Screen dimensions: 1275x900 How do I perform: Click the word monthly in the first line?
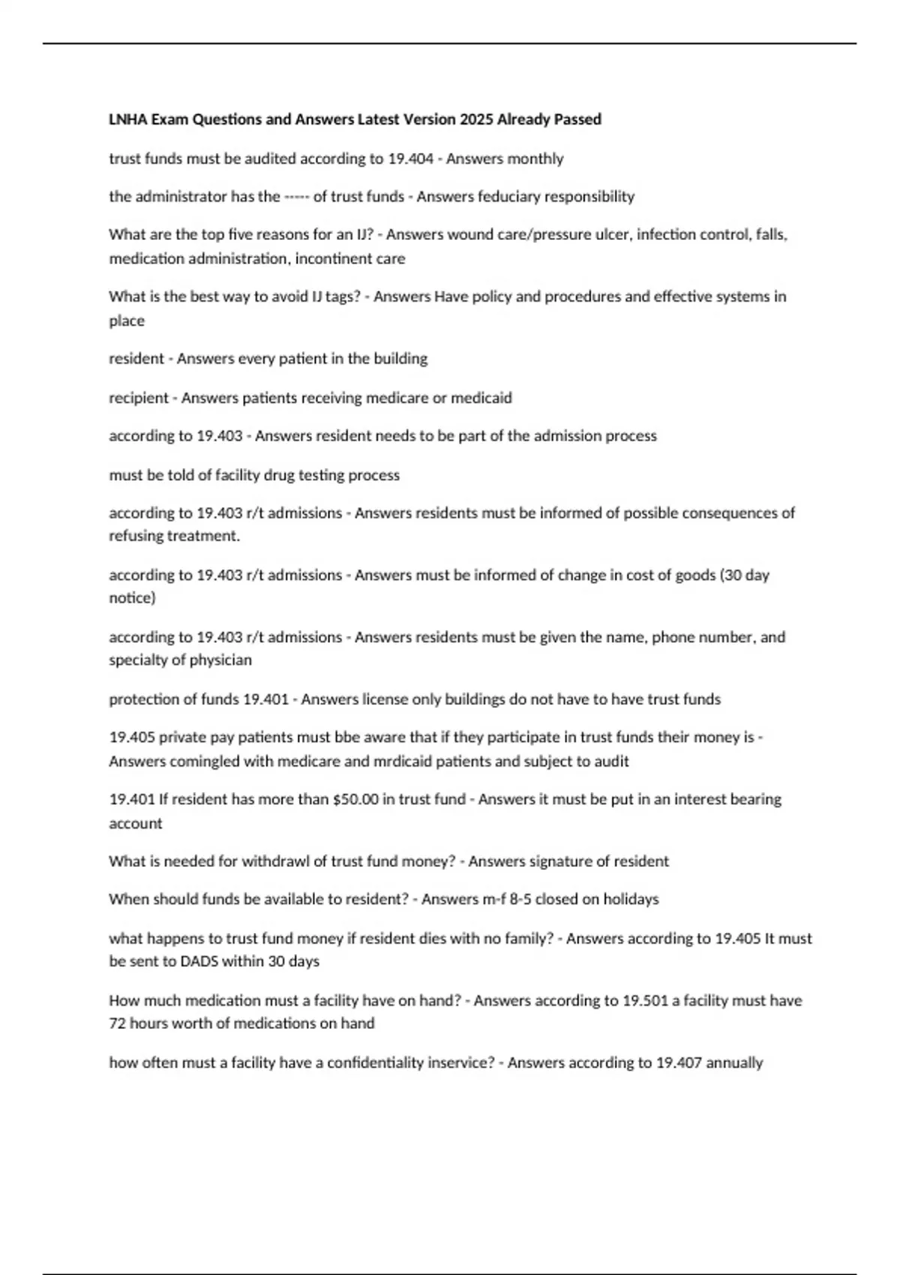(x=535, y=158)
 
